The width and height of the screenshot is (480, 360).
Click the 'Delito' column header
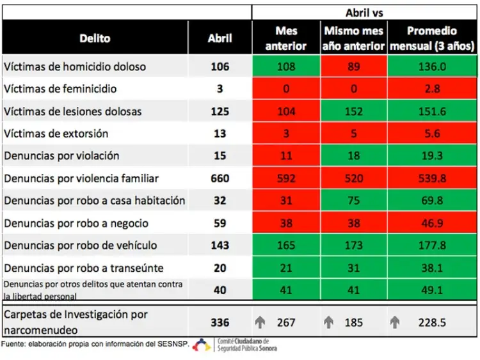95,38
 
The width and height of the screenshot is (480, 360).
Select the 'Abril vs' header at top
364,12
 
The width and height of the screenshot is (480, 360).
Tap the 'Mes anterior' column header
286,38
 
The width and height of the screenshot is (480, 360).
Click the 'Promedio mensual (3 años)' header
432,38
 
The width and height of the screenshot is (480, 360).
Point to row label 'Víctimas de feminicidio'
60,89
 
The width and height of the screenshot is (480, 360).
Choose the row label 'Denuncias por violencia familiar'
81,178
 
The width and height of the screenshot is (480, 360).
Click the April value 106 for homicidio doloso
220,67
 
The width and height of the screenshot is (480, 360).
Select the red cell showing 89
353,67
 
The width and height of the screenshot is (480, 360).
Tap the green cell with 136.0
432,67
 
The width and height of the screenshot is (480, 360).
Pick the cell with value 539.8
432,178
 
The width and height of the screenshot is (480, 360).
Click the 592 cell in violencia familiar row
286,178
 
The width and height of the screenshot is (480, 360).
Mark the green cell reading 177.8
432,246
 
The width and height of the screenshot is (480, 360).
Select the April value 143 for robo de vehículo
220,246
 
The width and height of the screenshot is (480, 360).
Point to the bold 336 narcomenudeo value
220,322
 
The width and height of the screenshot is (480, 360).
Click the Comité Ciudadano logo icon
202,345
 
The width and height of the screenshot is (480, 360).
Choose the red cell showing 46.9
432,223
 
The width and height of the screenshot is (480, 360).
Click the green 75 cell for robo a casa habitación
353,201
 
